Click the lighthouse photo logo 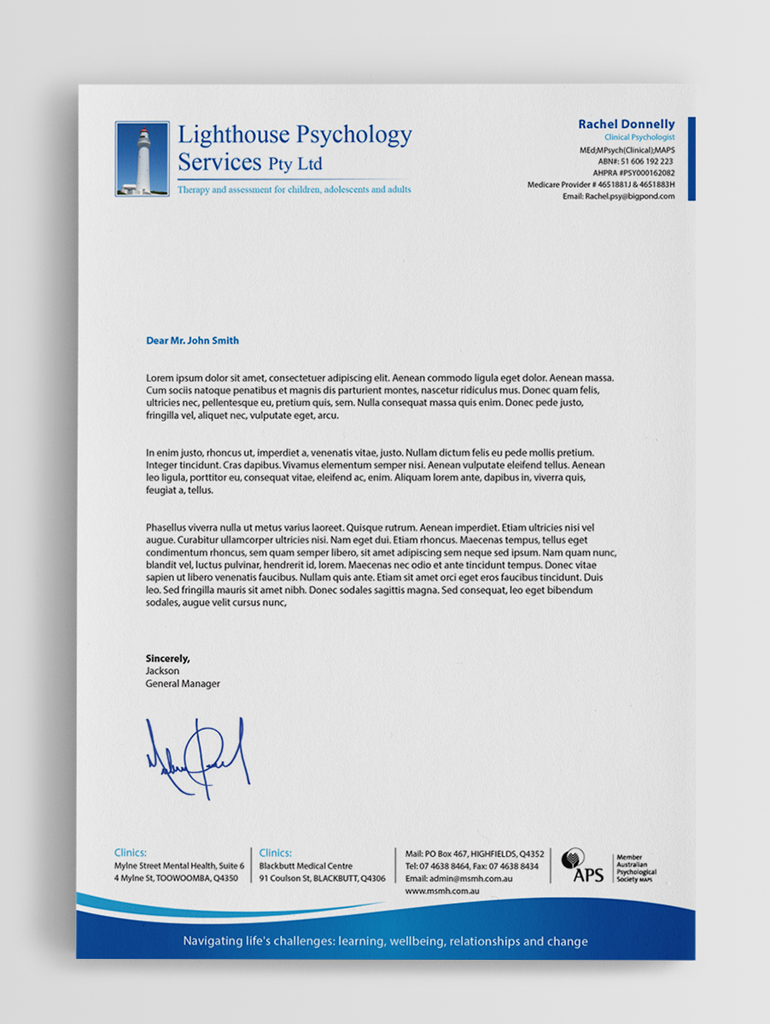click(143, 159)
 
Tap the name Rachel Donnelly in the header click(626, 125)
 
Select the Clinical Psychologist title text click(639, 137)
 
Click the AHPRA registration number click(633, 172)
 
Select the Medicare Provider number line click(601, 184)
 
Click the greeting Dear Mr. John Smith click(193, 340)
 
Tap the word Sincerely click(168, 658)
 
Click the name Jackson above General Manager click(162, 671)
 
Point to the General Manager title click(183, 684)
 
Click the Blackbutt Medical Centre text click(306, 866)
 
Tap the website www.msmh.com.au click(441, 891)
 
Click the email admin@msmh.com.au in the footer click(458, 878)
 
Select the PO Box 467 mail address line click(475, 853)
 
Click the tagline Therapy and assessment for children click(294, 189)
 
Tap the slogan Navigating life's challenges click(385, 942)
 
